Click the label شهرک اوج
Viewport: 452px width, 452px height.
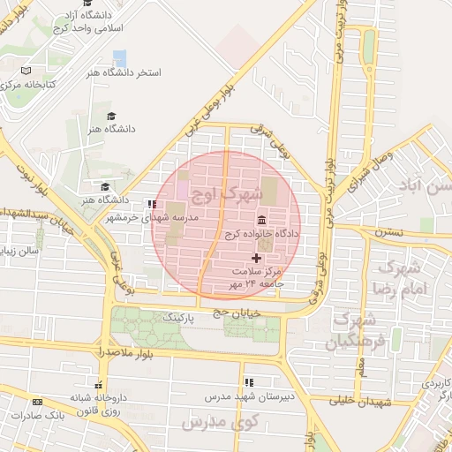[x=233, y=192]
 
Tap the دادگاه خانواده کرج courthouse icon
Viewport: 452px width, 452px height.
[x=262, y=220]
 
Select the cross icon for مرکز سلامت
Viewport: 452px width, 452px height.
[x=257, y=258]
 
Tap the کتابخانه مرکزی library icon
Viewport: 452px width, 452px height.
[x=26, y=70]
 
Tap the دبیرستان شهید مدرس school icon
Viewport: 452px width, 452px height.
[x=249, y=381]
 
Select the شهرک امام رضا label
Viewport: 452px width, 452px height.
[x=400, y=277]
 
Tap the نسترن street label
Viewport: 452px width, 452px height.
[x=388, y=231]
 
